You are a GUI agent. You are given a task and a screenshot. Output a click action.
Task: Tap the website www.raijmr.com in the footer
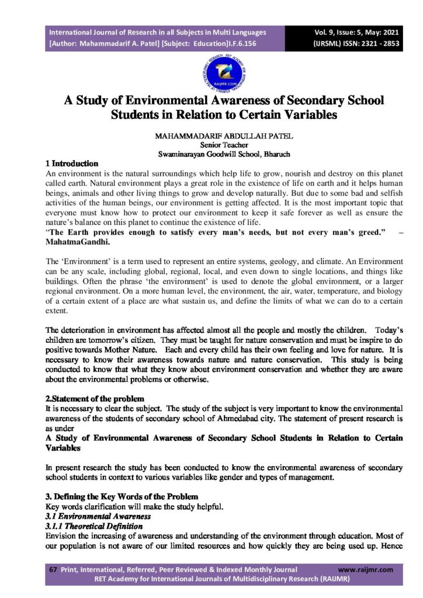366,569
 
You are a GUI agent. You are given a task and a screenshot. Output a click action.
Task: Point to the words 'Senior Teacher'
224,145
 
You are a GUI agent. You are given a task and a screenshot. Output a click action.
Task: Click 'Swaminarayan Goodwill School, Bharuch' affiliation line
224,154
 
